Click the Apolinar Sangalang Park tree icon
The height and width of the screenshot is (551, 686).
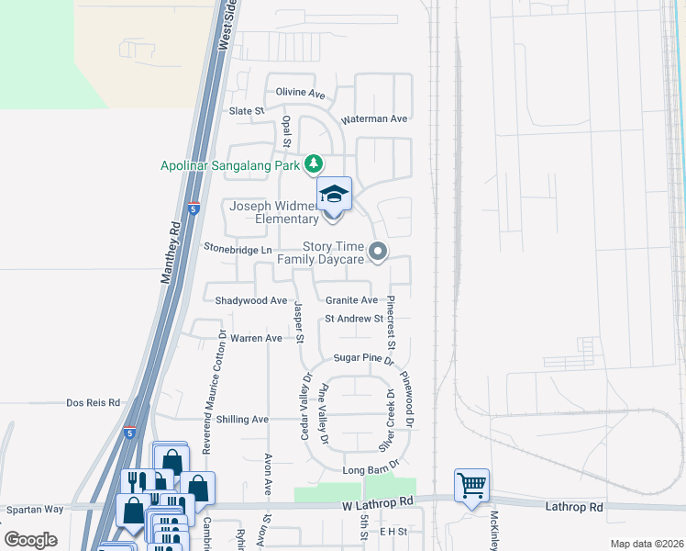(x=315, y=163)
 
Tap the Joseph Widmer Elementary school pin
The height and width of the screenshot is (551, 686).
(x=334, y=196)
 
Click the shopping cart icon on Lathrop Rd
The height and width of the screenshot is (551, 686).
(x=471, y=483)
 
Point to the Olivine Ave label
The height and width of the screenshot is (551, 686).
(x=301, y=94)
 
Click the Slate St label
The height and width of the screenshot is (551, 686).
(x=246, y=111)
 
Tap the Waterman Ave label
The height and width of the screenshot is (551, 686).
(x=373, y=119)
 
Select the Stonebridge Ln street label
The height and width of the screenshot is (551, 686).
(x=238, y=249)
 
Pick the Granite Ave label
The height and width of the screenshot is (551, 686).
(x=351, y=300)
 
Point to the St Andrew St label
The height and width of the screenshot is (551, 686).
(x=353, y=319)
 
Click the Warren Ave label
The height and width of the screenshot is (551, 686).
(x=256, y=338)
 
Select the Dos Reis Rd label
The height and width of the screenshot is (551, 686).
(x=94, y=402)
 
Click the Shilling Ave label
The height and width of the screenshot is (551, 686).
(x=242, y=419)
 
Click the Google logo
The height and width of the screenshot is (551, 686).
(x=30, y=539)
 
